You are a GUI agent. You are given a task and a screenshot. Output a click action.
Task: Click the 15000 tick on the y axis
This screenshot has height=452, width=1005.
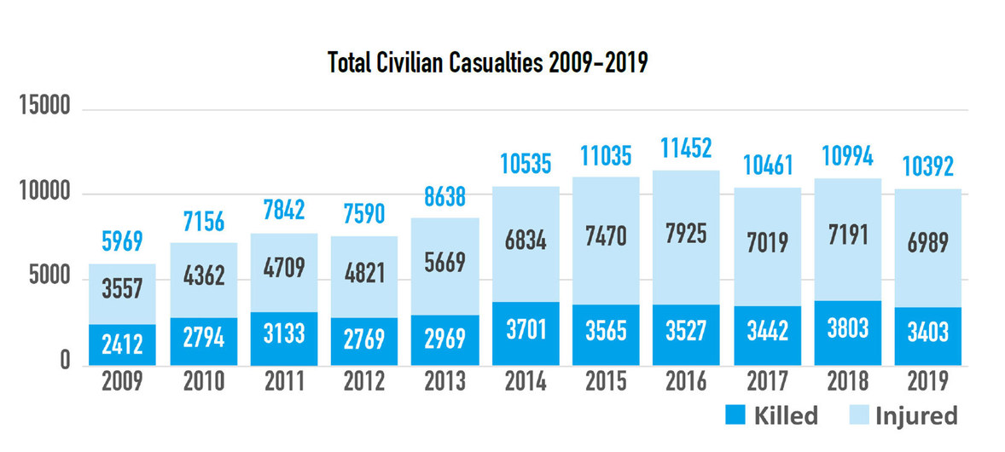44,110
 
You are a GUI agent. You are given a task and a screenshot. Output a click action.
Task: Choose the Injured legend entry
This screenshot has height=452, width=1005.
902,415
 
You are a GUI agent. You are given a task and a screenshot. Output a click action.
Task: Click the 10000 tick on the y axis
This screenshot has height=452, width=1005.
44,194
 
